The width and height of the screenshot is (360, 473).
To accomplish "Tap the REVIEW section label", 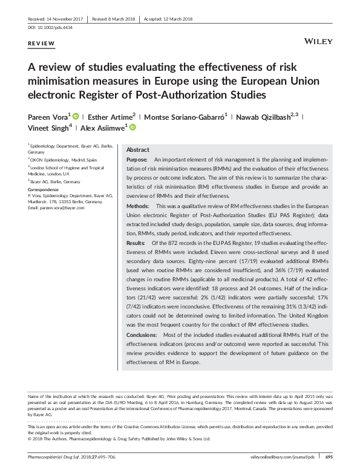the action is tap(42, 44).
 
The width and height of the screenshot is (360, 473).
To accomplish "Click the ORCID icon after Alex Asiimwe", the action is tap(133, 128).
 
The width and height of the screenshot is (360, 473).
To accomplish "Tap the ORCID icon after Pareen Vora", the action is tap(76, 116).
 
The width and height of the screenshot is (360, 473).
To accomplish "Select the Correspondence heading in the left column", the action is tap(45, 189).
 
